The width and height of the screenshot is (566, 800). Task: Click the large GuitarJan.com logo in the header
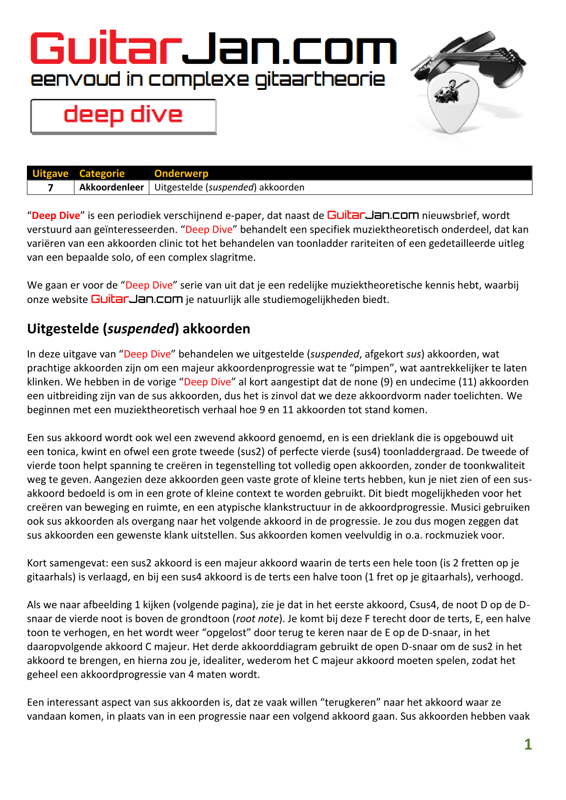[x=213, y=48]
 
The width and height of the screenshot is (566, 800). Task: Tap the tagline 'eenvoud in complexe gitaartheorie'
[x=208, y=79]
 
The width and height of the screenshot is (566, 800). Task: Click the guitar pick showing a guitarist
[x=452, y=103]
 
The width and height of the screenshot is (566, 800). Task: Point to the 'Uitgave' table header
[x=50, y=173]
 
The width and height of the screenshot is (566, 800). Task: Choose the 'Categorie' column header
[x=102, y=173]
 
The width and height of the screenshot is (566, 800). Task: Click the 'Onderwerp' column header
[x=181, y=173]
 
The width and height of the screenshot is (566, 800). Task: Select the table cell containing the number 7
[x=51, y=188]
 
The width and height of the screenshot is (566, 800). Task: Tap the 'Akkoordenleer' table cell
[x=111, y=188]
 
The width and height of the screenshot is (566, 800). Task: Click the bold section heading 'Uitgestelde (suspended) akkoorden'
[x=138, y=329]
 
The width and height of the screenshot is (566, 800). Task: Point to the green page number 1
[x=528, y=744]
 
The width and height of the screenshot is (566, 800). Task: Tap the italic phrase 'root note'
[x=257, y=619]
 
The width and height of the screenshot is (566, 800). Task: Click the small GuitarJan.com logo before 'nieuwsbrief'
[x=373, y=215]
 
